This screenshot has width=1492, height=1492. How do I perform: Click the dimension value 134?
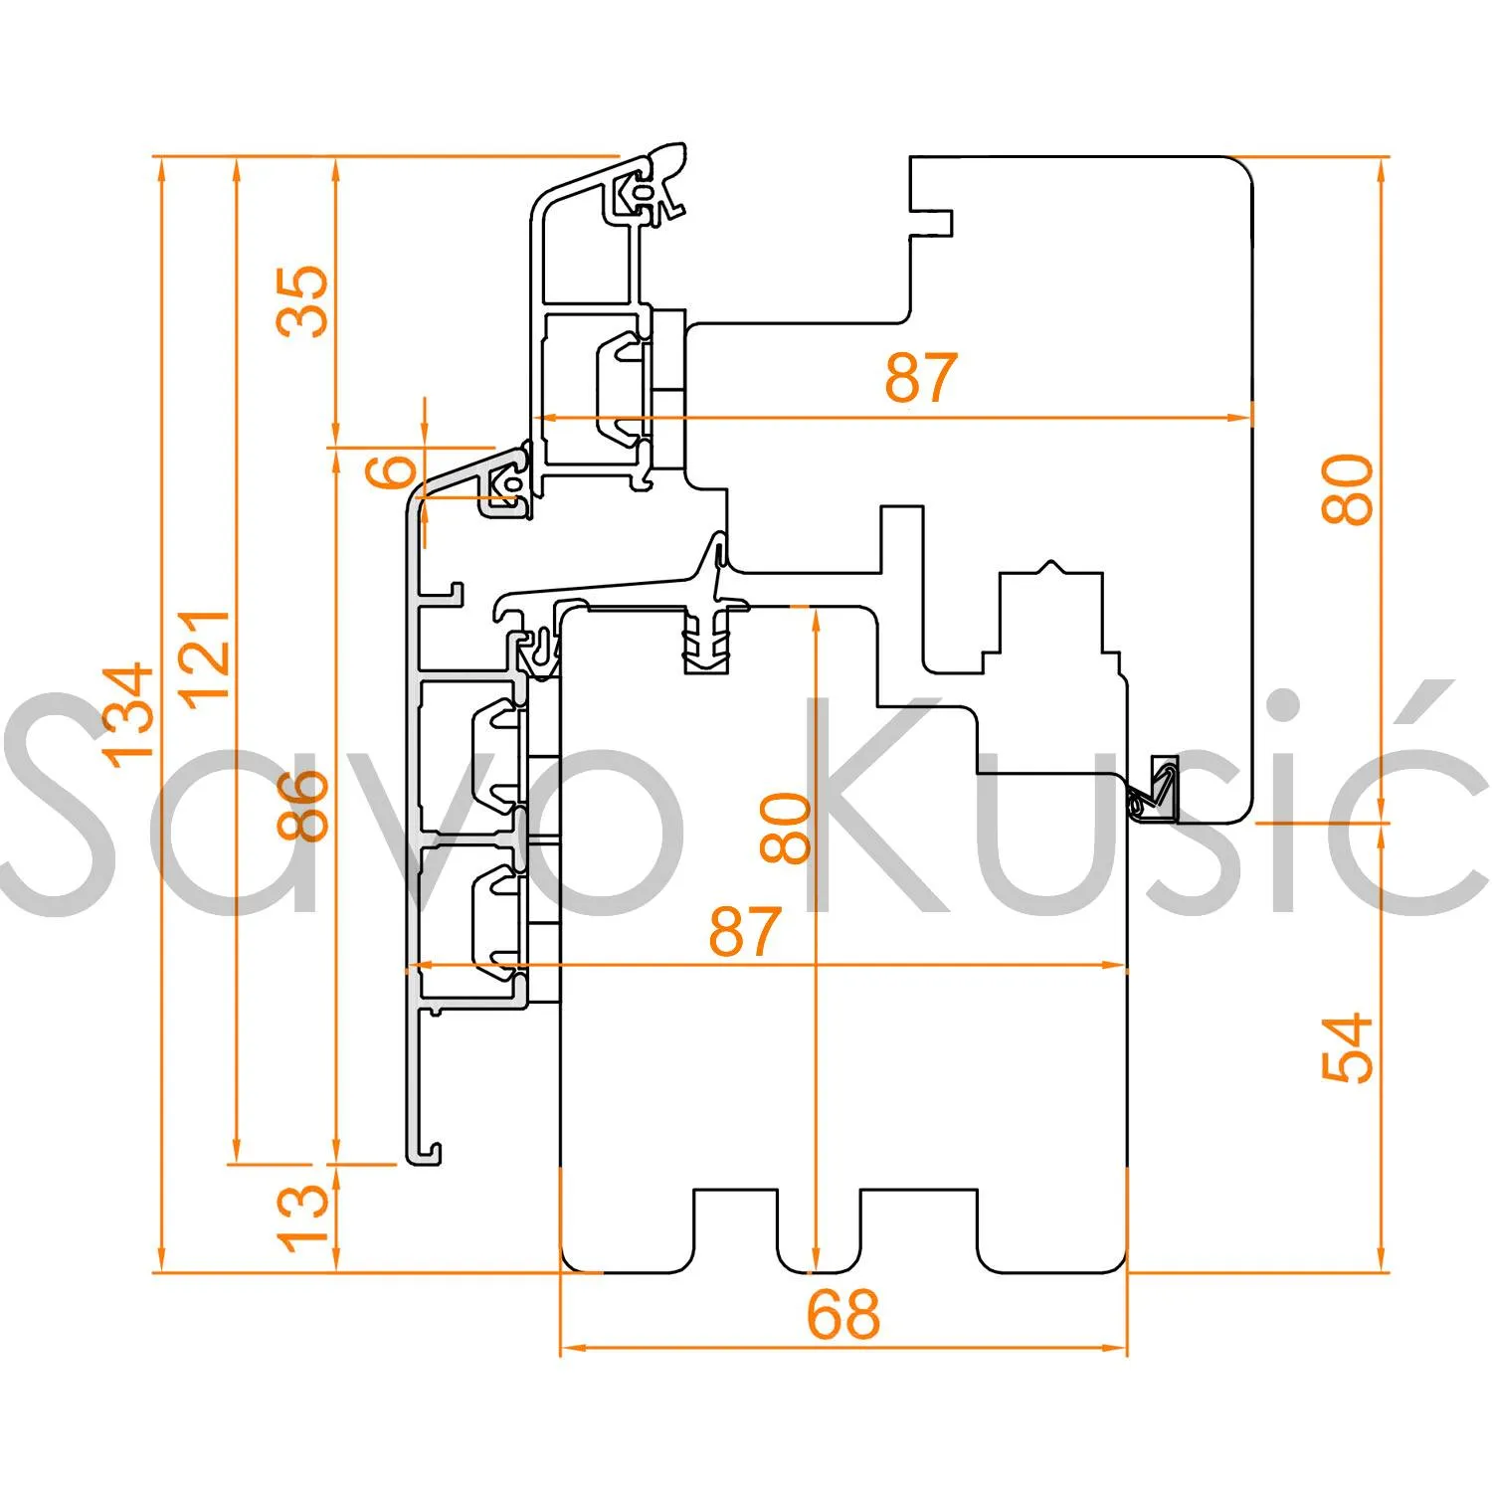(129, 714)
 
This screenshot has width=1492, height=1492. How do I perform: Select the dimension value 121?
(206, 657)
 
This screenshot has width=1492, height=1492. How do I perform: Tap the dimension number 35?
(302, 300)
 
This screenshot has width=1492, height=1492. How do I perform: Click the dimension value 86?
(302, 805)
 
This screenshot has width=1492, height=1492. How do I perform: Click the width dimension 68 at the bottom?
(842, 1314)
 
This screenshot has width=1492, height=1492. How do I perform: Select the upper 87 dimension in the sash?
(921, 377)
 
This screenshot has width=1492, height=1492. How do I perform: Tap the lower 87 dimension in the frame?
(744, 931)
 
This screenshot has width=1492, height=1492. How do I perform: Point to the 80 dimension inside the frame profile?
(785, 827)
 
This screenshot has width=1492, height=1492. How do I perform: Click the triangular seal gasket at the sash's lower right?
(1156, 791)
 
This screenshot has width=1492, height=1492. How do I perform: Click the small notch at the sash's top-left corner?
(933, 223)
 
